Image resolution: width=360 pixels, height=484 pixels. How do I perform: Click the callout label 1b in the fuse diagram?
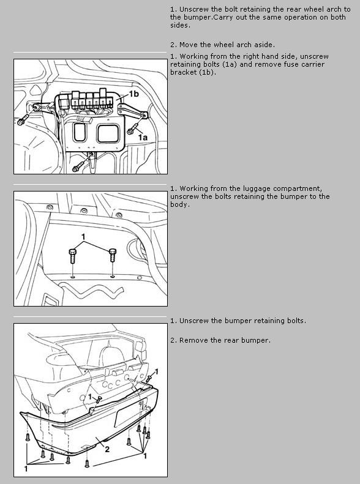[133, 94]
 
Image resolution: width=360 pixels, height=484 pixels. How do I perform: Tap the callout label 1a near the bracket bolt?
[143, 137]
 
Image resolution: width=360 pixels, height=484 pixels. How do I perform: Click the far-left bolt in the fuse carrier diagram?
[23, 120]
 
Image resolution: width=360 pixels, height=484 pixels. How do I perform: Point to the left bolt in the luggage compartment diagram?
[73, 256]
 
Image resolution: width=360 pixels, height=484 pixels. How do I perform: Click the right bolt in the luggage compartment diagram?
[113, 255]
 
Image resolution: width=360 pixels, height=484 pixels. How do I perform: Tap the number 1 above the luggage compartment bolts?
[83, 237]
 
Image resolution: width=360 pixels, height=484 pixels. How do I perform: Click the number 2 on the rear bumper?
[107, 449]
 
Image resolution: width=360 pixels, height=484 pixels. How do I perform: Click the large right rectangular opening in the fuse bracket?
[108, 133]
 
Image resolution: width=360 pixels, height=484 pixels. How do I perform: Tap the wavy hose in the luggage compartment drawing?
[91, 291]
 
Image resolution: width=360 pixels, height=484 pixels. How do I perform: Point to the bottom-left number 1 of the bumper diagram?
[26, 469]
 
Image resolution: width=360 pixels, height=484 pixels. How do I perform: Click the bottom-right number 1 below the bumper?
[145, 456]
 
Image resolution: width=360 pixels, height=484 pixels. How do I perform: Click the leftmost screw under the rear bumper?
[28, 437]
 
